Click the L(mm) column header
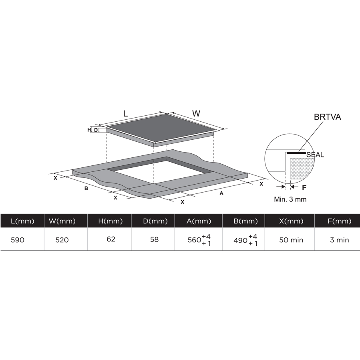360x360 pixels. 22,221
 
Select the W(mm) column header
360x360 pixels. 62,221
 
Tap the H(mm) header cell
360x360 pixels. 111,221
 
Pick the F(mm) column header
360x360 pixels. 340,221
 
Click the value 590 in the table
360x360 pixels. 18,240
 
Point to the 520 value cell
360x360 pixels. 62,240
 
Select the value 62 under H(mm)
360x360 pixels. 111,239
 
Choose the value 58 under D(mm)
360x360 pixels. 154,239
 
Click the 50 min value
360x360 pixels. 291,240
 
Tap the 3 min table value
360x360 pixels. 340,240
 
